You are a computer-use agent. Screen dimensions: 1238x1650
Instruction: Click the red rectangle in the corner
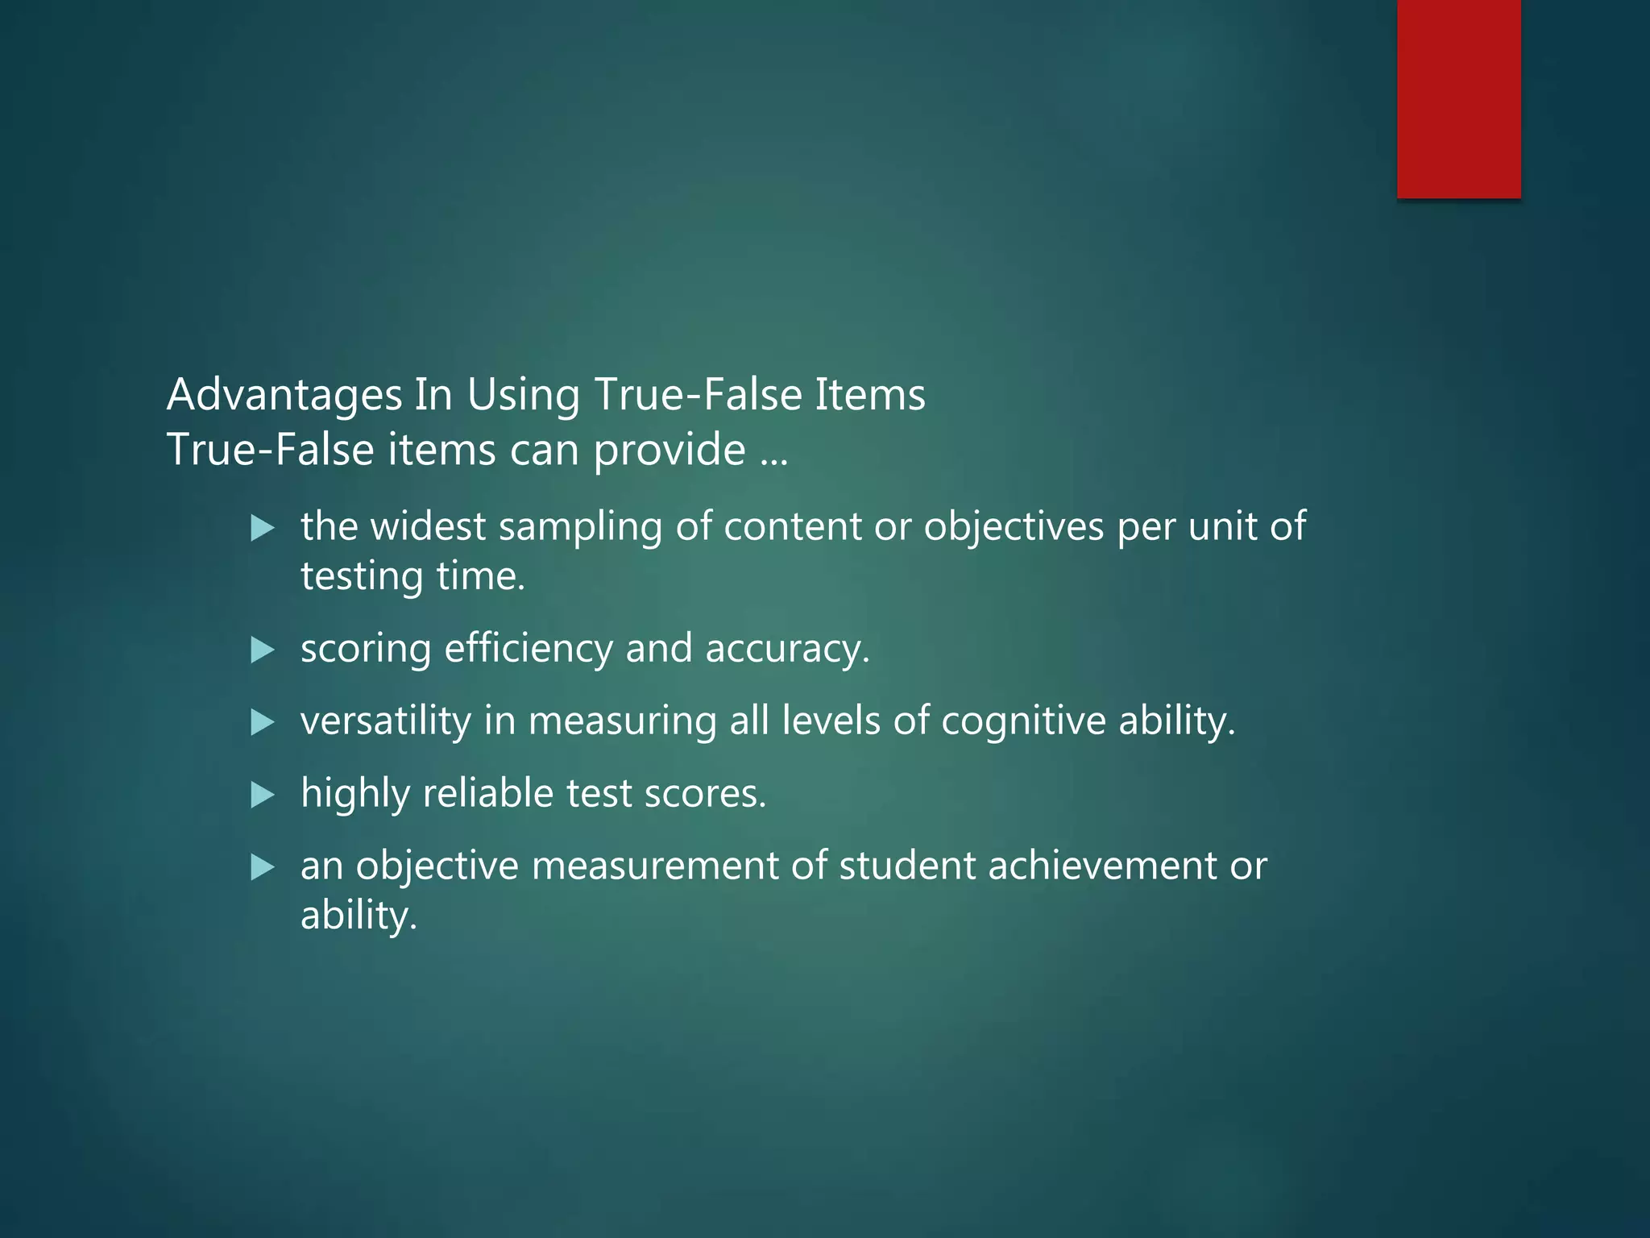tap(1458, 98)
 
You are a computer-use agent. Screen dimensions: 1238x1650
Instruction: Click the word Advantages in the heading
tap(284, 396)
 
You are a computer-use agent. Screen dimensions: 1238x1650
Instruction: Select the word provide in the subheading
tap(670, 450)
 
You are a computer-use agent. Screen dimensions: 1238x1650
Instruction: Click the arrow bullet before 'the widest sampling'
tap(263, 529)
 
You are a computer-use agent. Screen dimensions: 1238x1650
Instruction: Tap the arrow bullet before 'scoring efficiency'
tap(263, 650)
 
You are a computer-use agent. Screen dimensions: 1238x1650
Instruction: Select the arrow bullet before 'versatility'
tap(263, 721)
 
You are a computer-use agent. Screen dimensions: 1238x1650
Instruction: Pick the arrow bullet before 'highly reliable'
tap(263, 795)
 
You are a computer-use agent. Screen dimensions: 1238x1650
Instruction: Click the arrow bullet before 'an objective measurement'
tap(263, 867)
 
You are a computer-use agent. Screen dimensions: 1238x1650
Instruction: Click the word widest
tap(427, 526)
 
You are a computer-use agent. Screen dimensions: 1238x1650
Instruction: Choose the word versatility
tap(386, 721)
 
